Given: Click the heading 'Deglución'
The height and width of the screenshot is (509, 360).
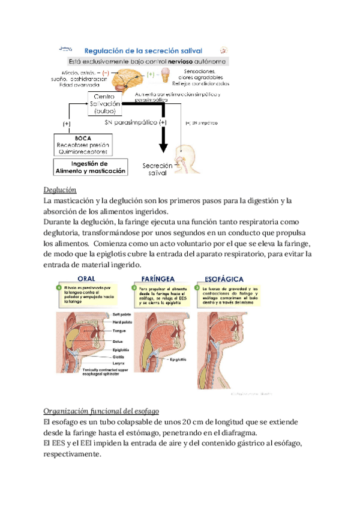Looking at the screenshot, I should click(x=60, y=190).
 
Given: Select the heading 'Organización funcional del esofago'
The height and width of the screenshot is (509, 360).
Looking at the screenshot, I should click(x=101, y=411).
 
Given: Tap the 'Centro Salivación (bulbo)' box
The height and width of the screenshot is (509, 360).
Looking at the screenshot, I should click(x=106, y=104).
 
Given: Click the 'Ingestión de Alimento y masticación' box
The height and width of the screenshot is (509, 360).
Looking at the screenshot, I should click(x=91, y=167).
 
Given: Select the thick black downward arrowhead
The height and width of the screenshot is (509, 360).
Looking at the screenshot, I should click(x=161, y=147).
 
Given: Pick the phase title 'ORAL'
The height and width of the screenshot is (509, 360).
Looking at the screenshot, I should click(x=89, y=278).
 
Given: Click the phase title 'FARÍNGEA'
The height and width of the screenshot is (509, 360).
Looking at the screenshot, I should click(x=158, y=278).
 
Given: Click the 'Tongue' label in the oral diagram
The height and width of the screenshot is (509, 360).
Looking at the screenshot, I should click(x=118, y=331).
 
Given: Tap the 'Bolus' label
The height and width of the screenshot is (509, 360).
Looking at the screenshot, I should click(x=117, y=340).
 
